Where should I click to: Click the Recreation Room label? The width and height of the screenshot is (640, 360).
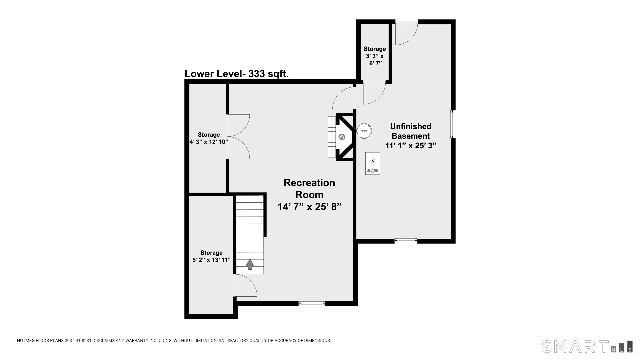309,189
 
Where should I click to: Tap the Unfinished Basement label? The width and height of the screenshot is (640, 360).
411,131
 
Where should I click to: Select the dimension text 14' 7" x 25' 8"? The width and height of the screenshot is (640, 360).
309,207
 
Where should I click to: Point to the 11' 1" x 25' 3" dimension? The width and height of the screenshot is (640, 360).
411,146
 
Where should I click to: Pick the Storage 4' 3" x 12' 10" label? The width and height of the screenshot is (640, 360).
209,138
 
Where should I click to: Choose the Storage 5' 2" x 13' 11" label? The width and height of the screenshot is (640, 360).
211,256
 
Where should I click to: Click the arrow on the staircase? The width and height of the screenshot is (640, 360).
250,264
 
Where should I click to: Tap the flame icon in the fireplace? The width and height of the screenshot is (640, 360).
342,137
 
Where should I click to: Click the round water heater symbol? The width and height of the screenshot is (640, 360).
364,131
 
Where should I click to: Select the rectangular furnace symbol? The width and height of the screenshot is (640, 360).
373,163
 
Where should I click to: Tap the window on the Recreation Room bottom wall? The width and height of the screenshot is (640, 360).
312,303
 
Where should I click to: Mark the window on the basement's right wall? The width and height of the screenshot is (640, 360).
453,124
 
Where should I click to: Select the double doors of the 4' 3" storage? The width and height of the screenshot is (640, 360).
238,136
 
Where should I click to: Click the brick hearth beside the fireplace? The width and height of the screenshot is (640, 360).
332,137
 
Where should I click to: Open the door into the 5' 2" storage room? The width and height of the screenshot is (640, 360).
246,285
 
